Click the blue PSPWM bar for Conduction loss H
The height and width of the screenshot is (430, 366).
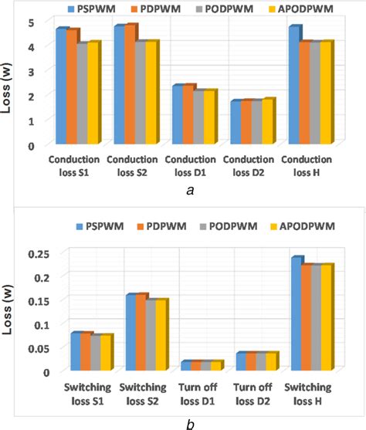(293, 86)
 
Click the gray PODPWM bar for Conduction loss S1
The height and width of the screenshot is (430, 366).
(81, 94)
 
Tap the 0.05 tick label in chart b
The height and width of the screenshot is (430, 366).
(26, 348)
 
